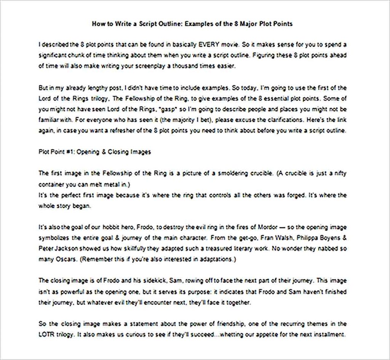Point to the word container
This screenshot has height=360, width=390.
point(53,184)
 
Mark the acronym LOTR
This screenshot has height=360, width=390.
point(46,335)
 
